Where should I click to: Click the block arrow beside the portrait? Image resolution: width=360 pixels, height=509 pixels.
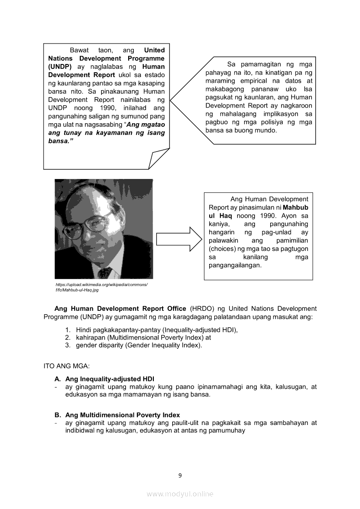tap(179, 239)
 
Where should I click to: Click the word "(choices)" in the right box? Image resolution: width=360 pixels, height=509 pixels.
tap(223, 249)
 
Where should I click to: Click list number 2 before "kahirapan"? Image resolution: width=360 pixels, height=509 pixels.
tap(68, 337)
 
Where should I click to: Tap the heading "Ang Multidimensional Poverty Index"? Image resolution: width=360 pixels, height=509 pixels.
tap(122, 415)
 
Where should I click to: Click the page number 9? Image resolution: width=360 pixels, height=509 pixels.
tap(180, 475)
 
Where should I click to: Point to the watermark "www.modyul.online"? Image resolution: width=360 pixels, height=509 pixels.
tap(180, 494)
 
